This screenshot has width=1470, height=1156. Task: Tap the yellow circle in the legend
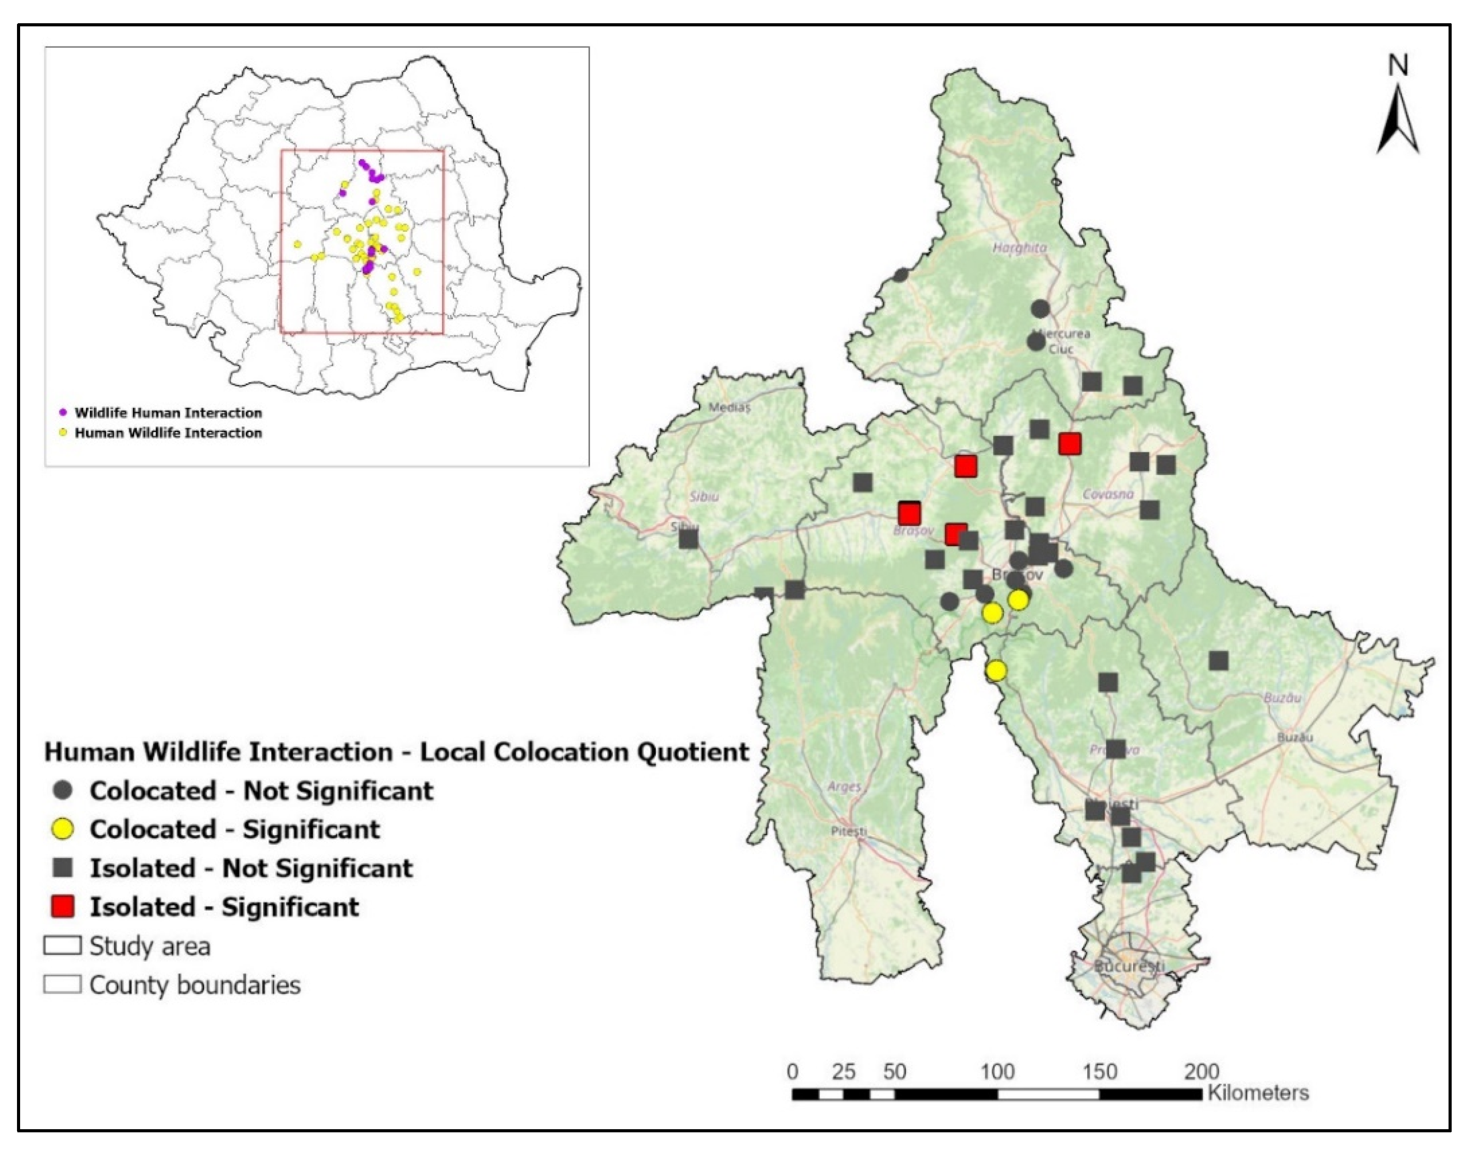click(63, 829)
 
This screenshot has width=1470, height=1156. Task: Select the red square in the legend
click(63, 906)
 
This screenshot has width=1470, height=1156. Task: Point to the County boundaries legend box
click(63, 984)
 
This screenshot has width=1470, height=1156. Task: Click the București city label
click(1129, 966)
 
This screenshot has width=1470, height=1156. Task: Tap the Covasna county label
click(1108, 494)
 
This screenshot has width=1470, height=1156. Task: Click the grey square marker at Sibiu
click(689, 539)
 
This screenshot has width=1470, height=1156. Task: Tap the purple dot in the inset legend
click(63, 412)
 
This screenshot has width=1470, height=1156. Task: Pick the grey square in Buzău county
click(1219, 660)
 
